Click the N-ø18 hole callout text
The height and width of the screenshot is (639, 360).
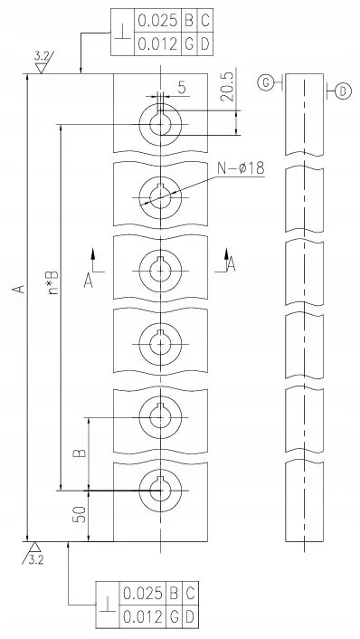(241, 168)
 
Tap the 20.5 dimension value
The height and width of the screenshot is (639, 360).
(227, 88)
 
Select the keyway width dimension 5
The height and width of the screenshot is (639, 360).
(182, 88)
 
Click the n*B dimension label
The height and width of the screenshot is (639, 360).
(53, 282)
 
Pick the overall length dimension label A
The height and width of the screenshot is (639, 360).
(18, 289)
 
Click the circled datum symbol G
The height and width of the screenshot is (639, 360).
(266, 83)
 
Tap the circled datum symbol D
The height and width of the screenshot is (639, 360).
(343, 91)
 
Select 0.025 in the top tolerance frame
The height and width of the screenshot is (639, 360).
(158, 21)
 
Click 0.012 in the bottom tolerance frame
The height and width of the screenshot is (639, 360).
(142, 617)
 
